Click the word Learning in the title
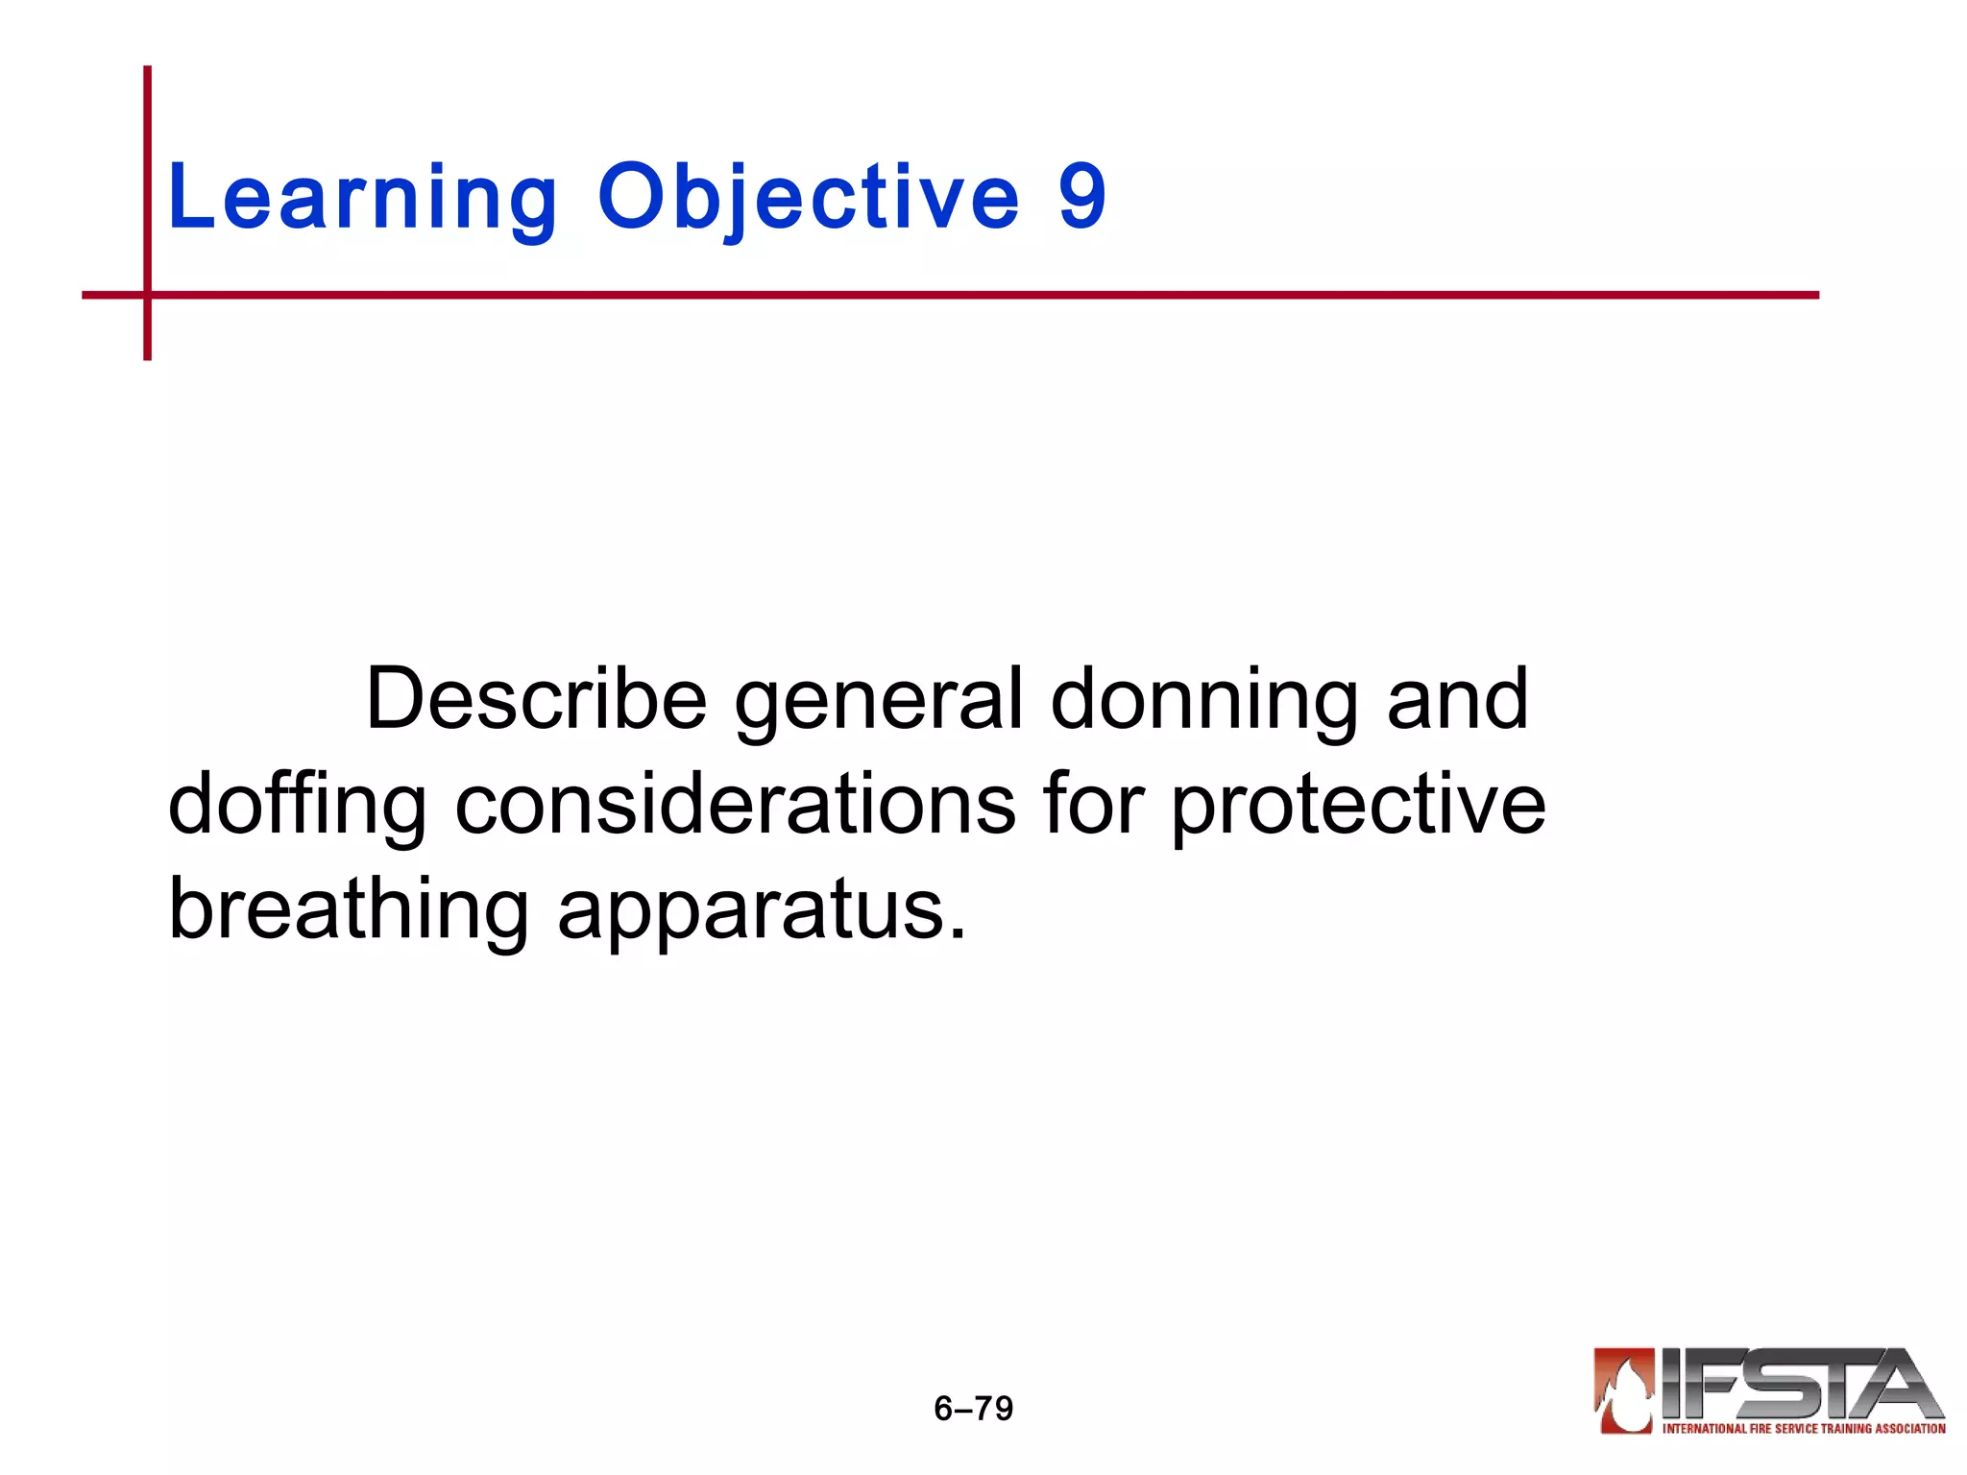[x=362, y=199]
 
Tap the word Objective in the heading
[x=808, y=199]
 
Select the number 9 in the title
[x=1082, y=197]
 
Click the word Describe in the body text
[x=537, y=699]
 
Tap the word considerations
[x=735, y=804]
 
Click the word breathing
[x=348, y=911]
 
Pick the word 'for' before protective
[x=1094, y=804]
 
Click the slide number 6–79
[x=973, y=1409]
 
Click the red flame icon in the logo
[x=1624, y=1390]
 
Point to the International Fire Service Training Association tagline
[x=1803, y=1429]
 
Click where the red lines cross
[x=147, y=295]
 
